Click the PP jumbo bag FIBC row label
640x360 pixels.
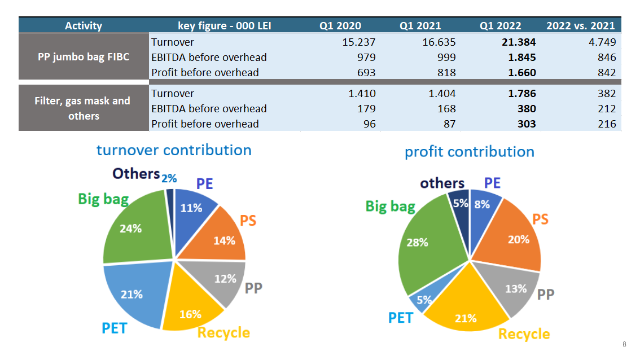[84, 57]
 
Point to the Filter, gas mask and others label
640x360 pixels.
[84, 108]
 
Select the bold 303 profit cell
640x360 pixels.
[527, 124]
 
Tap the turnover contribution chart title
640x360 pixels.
[174, 150]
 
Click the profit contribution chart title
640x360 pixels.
[469, 152]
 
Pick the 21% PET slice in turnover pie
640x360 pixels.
[131, 294]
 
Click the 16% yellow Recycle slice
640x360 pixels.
[190, 314]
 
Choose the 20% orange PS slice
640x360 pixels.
[518, 239]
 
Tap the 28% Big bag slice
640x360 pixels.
[418, 242]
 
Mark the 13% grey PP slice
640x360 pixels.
[515, 288]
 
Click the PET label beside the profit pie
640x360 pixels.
[401, 318]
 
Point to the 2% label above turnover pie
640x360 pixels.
[169, 178]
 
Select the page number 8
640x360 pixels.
[624, 344]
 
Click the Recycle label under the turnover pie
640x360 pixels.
[223, 333]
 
